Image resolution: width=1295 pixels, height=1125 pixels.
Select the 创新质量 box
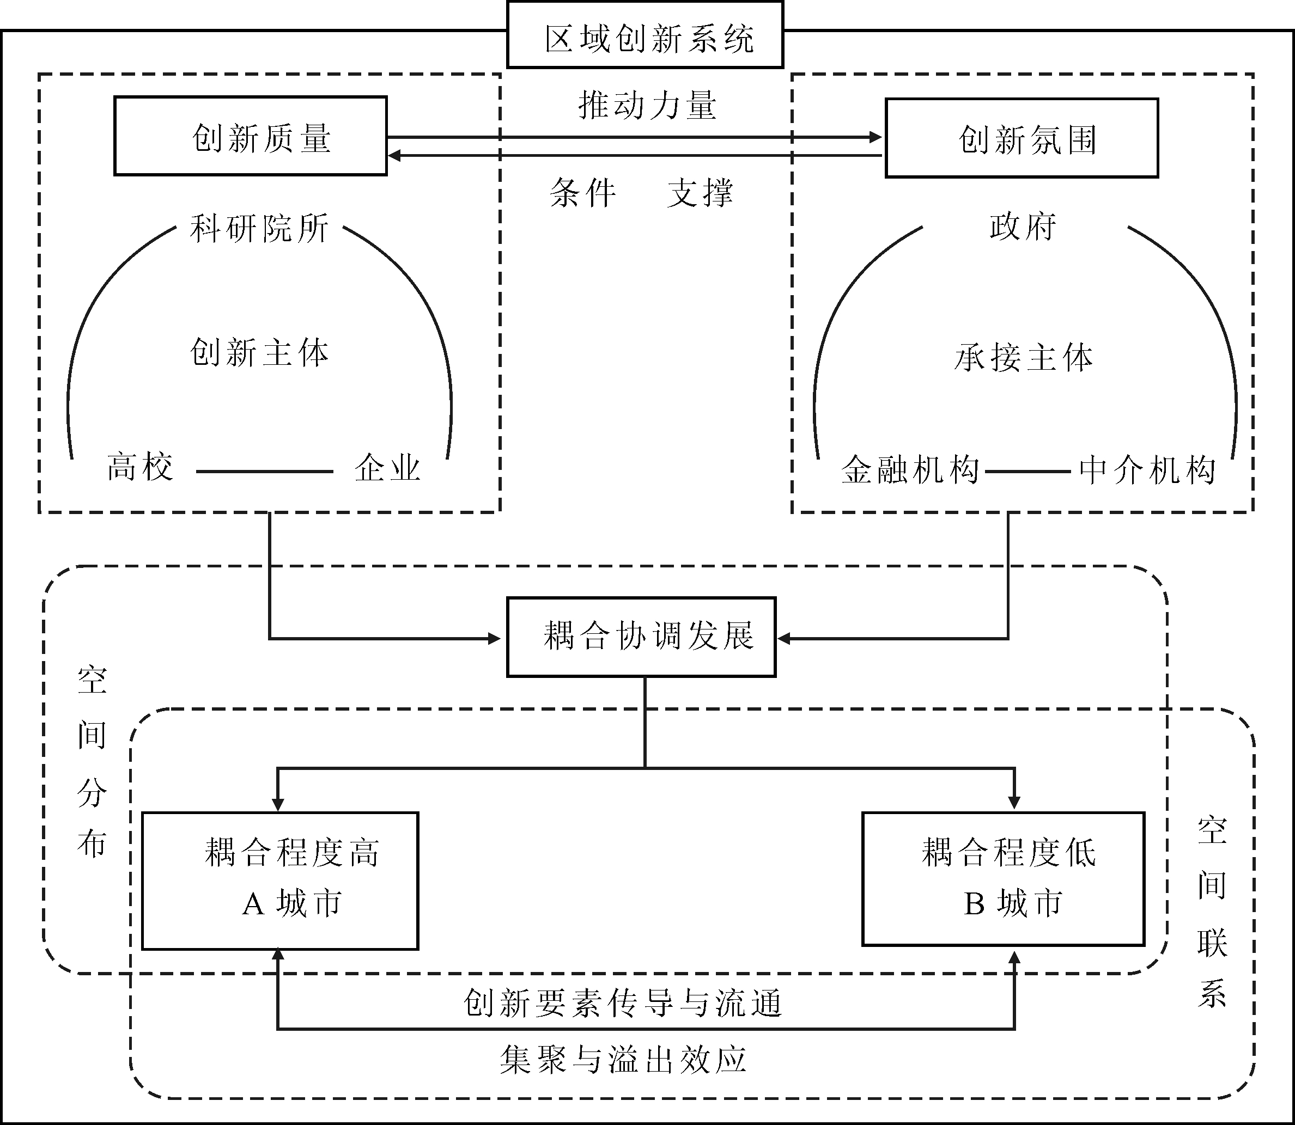251,136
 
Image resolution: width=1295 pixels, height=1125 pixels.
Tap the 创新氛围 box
1022,139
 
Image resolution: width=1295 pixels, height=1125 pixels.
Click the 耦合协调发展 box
641,637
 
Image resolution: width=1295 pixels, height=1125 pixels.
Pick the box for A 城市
280,880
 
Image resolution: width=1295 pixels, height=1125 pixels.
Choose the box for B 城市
1003,879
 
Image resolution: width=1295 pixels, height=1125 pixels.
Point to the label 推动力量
647,105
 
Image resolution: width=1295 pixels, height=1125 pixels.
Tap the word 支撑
700,193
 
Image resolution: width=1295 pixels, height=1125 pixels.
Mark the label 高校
139,467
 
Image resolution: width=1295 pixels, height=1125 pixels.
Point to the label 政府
1023,227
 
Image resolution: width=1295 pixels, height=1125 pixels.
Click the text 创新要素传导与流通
623,1003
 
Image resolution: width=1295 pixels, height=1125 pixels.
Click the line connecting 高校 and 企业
264,472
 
